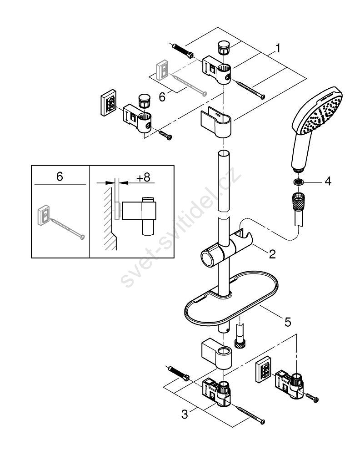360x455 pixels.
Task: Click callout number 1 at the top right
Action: click(278, 47)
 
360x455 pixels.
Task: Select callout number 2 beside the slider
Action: click(272, 254)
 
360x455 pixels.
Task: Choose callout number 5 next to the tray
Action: click(287, 322)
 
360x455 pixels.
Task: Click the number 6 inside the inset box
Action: click(60, 177)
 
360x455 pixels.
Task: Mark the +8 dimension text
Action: click(143, 177)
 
